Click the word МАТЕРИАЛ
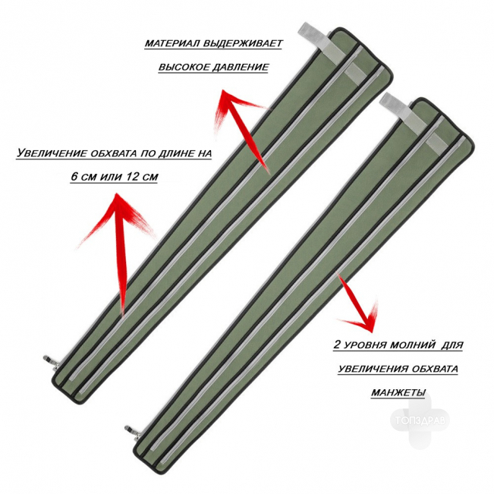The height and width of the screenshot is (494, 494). (171, 43)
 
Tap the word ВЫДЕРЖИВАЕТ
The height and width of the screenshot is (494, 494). (243, 43)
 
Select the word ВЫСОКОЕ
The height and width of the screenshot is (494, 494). (183, 67)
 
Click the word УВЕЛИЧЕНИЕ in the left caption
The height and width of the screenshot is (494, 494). (52, 153)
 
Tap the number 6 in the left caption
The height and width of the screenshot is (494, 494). (74, 176)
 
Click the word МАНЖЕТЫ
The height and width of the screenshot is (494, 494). (398, 392)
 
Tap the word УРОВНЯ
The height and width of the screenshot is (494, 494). (365, 345)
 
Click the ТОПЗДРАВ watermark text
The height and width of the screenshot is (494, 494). (421, 420)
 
